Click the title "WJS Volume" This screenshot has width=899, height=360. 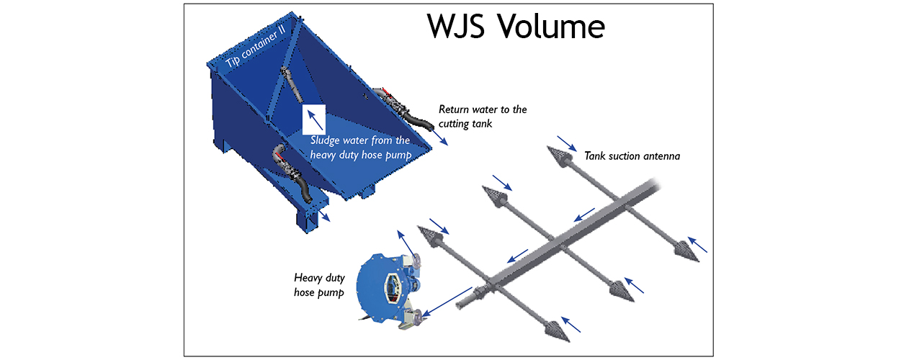516,26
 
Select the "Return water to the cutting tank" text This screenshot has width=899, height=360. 483,117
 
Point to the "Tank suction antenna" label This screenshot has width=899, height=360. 632,156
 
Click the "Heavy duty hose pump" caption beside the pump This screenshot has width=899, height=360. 319,285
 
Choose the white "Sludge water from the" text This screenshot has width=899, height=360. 360,140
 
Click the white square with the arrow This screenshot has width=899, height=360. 314,120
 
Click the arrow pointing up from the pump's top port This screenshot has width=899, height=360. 406,243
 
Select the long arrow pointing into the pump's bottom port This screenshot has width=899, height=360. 447,302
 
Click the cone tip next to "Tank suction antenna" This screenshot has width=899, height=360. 558,156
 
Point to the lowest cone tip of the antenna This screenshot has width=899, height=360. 558,332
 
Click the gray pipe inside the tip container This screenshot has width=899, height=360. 292,84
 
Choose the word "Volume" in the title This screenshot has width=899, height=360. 552,26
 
